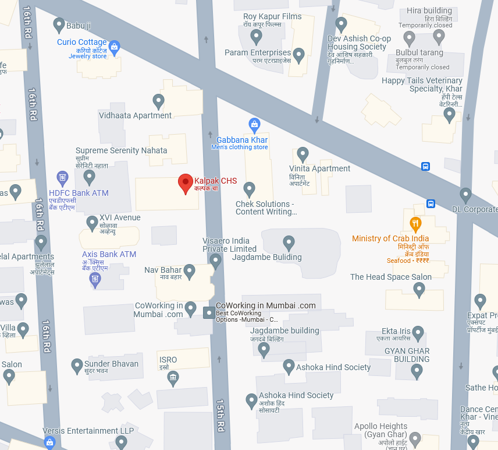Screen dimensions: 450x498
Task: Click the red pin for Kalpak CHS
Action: [185, 183]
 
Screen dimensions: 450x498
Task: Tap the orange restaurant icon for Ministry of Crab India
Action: [415, 223]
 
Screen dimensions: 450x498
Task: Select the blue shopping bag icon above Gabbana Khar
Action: [254, 124]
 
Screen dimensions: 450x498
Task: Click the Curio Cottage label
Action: [82, 42]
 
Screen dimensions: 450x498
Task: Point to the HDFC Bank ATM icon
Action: [63, 177]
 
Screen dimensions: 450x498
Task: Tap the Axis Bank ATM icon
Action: [95, 280]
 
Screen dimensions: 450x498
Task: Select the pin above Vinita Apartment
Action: [303, 154]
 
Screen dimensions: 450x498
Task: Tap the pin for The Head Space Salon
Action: [419, 290]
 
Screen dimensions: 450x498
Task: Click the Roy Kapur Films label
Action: [272, 16]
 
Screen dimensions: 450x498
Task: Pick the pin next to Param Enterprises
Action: [299, 55]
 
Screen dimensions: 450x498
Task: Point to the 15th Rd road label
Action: [220, 414]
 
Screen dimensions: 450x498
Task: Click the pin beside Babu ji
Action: [59, 25]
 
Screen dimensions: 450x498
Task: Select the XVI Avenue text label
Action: [120, 217]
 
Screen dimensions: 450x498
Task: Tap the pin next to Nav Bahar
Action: [189, 271]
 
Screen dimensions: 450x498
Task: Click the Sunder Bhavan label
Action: [111, 364]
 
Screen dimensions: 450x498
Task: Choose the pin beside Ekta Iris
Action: [418, 333]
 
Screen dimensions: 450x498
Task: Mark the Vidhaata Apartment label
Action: [136, 115]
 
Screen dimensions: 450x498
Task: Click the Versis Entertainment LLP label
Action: [88, 431]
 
